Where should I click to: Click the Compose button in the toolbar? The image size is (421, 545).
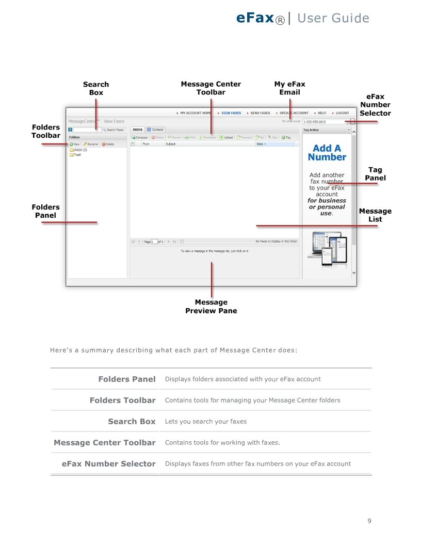click(x=139, y=137)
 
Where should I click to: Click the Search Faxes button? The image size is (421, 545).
click(x=114, y=130)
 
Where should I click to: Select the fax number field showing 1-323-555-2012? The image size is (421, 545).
click(x=325, y=122)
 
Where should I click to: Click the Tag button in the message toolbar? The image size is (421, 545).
click(x=286, y=137)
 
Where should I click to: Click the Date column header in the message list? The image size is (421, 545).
click(x=261, y=144)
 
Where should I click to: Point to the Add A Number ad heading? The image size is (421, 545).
click(x=327, y=153)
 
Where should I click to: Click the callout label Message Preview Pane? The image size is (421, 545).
click(x=211, y=307)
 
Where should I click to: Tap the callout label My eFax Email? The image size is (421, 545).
click(x=289, y=88)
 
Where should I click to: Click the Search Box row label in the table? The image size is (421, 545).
click(x=132, y=421)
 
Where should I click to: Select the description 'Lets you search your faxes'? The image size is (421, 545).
click(x=205, y=422)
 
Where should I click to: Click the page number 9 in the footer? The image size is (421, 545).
click(x=369, y=520)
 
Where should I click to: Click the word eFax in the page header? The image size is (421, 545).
click(x=255, y=18)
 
